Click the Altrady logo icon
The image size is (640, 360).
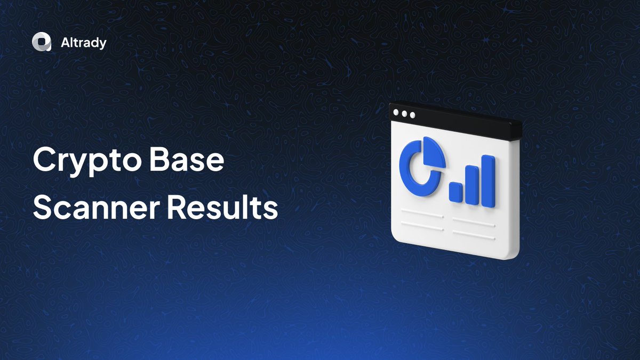click(41, 43)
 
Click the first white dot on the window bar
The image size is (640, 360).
click(396, 113)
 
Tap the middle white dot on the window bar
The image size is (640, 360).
click(404, 114)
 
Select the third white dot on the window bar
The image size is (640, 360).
click(412, 115)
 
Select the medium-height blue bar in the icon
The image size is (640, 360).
click(471, 185)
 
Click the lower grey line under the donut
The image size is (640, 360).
click(422, 227)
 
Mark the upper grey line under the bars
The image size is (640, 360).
click(474, 221)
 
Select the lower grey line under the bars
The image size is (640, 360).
click(474, 234)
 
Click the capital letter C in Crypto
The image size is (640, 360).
click(44, 161)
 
